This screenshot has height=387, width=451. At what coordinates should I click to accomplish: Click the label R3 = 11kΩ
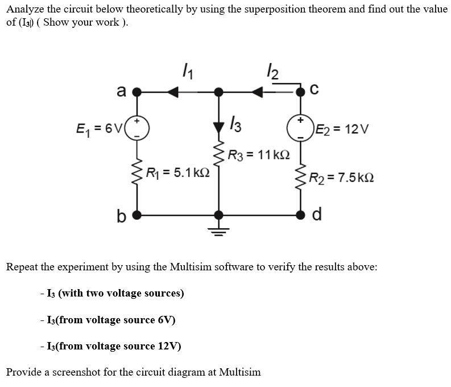(x=259, y=154)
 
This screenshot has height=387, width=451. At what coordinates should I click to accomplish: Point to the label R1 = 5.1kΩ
(x=178, y=171)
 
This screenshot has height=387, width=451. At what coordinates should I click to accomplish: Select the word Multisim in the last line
(x=239, y=372)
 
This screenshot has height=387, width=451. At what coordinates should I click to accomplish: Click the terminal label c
(x=315, y=89)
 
